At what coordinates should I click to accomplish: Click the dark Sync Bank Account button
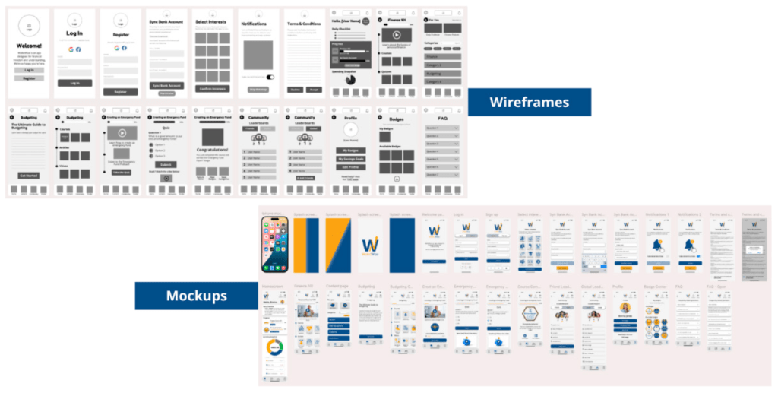pyautogui.click(x=166, y=86)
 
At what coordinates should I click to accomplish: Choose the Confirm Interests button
pyautogui.click(x=213, y=89)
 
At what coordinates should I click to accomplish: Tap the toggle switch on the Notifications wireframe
pyautogui.click(x=270, y=77)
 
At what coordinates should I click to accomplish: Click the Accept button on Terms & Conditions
pyautogui.click(x=313, y=90)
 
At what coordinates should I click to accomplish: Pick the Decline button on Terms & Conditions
pyautogui.click(x=295, y=90)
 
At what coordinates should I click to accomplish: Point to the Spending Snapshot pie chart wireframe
pyautogui.click(x=350, y=80)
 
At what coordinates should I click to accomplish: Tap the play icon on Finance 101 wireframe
pyautogui.click(x=395, y=34)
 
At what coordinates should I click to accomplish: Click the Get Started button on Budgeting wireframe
pyautogui.click(x=28, y=175)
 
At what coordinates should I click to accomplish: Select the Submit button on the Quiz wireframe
pyautogui.click(x=166, y=164)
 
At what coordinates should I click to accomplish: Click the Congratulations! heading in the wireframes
pyautogui.click(x=213, y=150)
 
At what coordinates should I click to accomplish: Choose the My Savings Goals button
pyautogui.click(x=350, y=158)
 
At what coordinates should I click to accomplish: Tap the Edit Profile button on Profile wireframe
pyautogui.click(x=350, y=166)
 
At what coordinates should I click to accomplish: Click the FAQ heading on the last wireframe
pyautogui.click(x=442, y=119)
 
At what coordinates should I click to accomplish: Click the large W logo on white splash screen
pyautogui.click(x=370, y=245)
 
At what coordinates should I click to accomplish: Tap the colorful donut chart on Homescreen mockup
pyautogui.click(x=274, y=349)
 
